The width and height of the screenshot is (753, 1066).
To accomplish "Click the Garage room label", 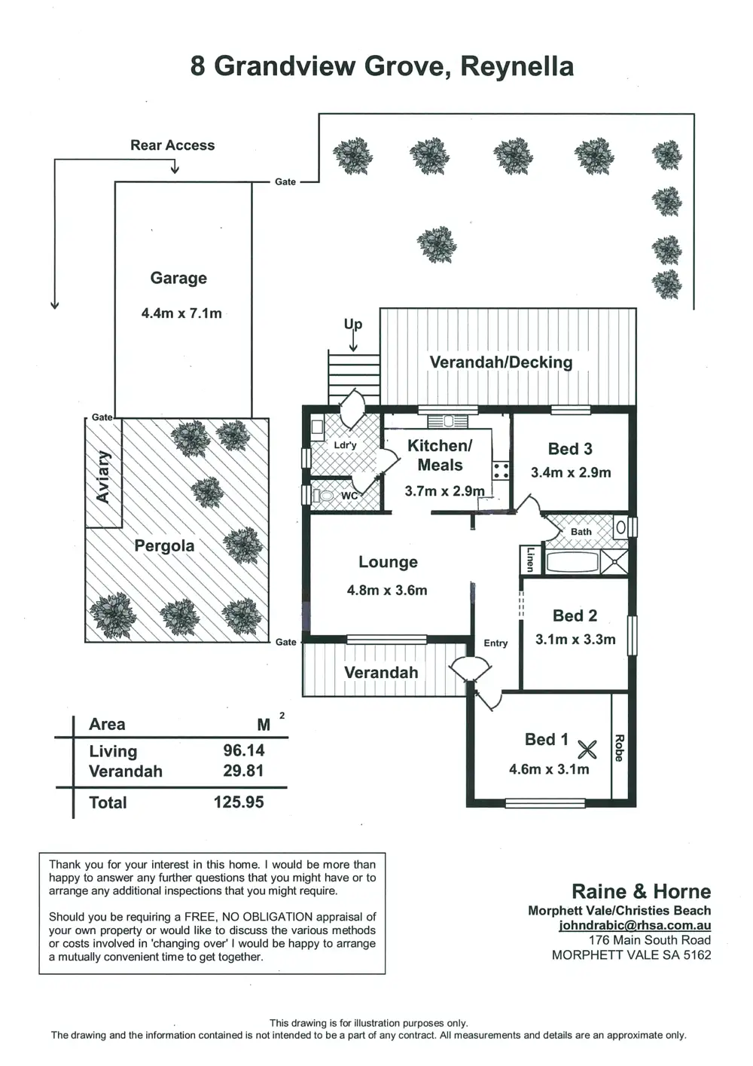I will pos(178,278).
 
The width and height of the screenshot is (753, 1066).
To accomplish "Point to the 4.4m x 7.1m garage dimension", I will pos(181,313).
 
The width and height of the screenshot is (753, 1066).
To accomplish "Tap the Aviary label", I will pos(103,477).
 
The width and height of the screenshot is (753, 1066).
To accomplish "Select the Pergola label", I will pos(164,545).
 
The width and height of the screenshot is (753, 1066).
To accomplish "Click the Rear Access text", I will pos(172,145).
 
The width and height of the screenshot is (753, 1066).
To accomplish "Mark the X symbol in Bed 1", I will pos(587,749).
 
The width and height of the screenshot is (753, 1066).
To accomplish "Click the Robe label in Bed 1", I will pos(619,748).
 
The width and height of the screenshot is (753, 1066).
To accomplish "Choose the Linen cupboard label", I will pos(530,559).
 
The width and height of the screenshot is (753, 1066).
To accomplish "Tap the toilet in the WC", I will pos(324,496).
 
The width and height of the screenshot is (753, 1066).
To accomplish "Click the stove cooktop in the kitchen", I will pos(501,472).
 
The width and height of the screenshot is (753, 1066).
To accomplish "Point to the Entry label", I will pos(495,643).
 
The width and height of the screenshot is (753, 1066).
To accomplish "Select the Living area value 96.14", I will pos(244,750).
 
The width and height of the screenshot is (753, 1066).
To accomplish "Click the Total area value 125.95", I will pos(239,802).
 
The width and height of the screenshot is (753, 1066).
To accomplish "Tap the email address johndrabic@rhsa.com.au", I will pos(635,925).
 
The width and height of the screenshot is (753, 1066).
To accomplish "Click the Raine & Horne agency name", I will pos(641,892).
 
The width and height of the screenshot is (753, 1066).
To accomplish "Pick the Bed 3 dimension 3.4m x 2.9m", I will pos(571,473).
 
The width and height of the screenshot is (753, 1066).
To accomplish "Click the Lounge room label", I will pos(388,562).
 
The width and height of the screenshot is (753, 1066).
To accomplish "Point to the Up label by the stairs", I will pos(353,324).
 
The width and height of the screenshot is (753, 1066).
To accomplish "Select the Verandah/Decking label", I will pos(501,362).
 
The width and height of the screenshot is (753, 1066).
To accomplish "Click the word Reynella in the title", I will pos(517,66).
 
